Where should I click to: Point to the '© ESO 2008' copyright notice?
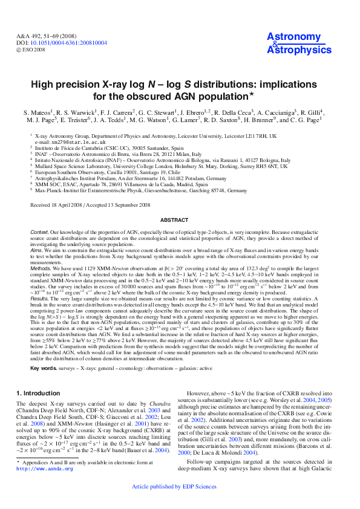[x=30, y=50]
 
